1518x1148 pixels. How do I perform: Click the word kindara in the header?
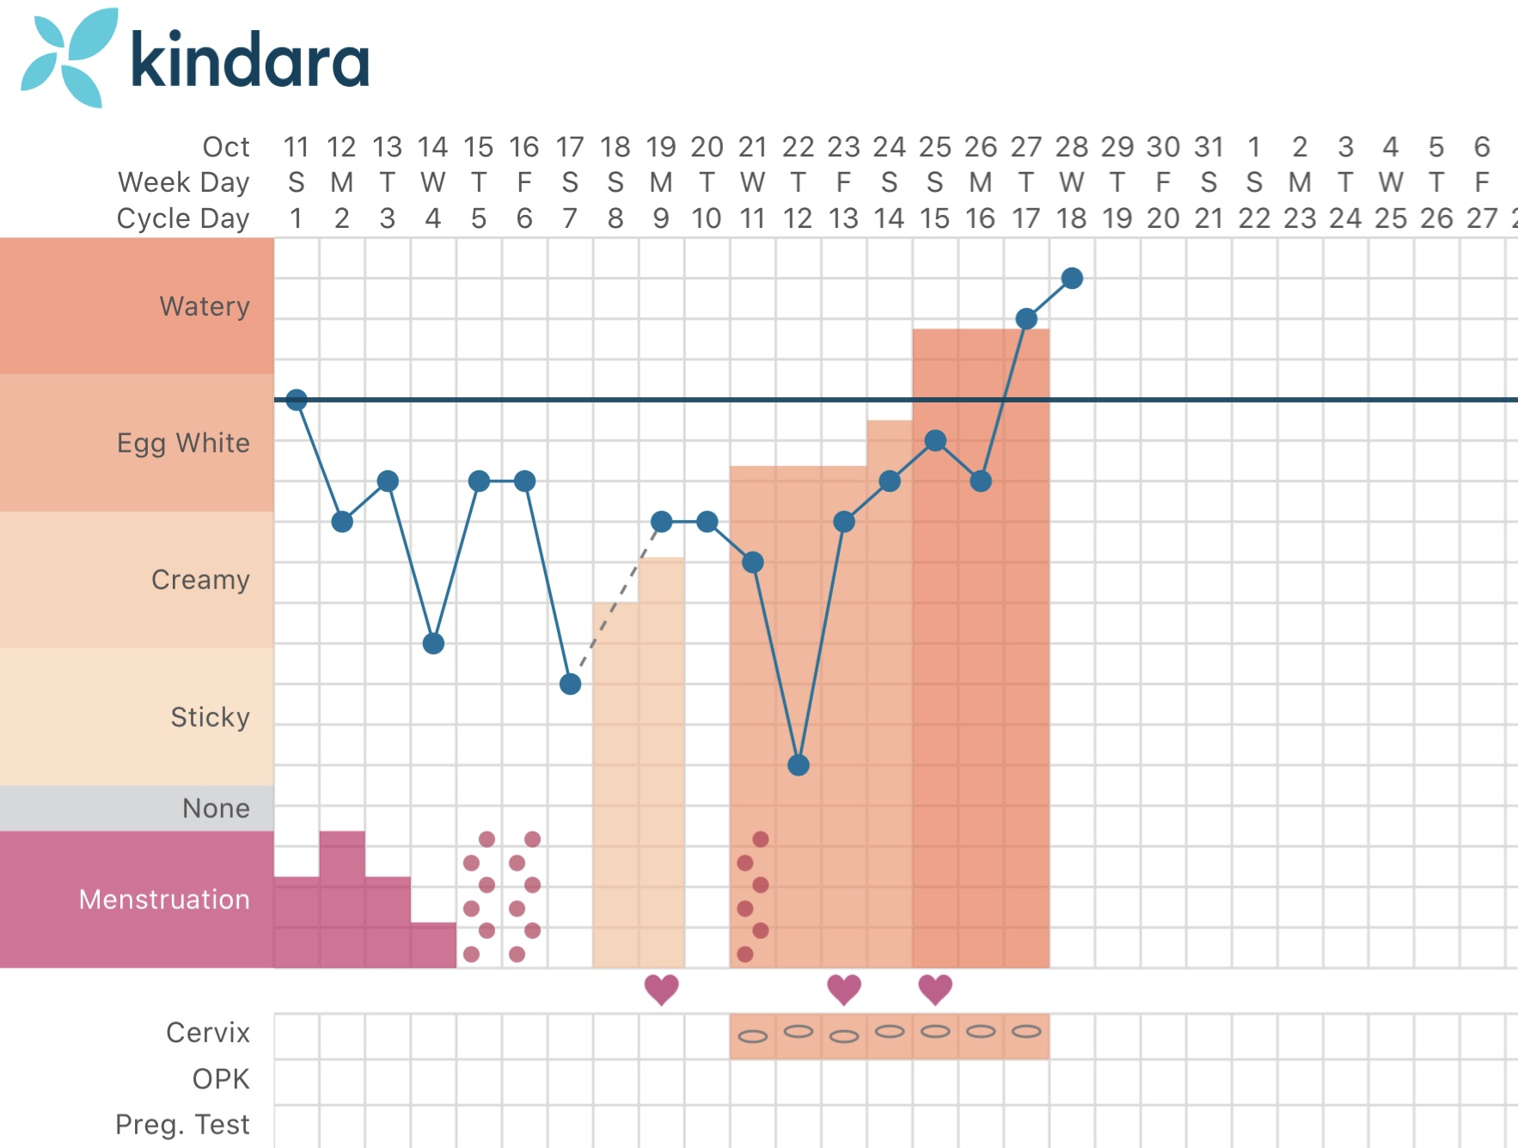coord(249,60)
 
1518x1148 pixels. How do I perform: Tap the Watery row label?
coord(205,306)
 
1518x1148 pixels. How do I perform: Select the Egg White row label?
coord(183,443)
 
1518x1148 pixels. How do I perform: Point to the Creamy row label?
coord(200,580)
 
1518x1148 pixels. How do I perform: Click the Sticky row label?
coord(210,717)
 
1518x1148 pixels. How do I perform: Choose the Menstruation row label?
coord(164,899)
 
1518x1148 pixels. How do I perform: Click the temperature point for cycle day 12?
coord(799,764)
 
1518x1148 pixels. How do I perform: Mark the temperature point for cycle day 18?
coord(1072,278)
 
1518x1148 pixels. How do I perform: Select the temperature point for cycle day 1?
coord(297,400)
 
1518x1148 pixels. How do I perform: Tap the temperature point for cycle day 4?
coord(433,643)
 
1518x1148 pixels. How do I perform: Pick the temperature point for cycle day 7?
coord(570,684)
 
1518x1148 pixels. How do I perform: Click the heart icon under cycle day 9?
coord(661,990)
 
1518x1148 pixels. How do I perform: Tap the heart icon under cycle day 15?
coord(935,990)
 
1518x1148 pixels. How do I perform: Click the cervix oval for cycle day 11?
coord(753,1036)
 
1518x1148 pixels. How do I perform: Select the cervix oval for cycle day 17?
coord(1026,1031)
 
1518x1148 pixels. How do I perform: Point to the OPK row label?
coord(221,1079)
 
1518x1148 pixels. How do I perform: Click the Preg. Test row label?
coord(182,1125)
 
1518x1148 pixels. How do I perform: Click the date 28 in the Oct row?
coord(1072,147)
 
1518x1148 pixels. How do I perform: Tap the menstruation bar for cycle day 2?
coord(342,899)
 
